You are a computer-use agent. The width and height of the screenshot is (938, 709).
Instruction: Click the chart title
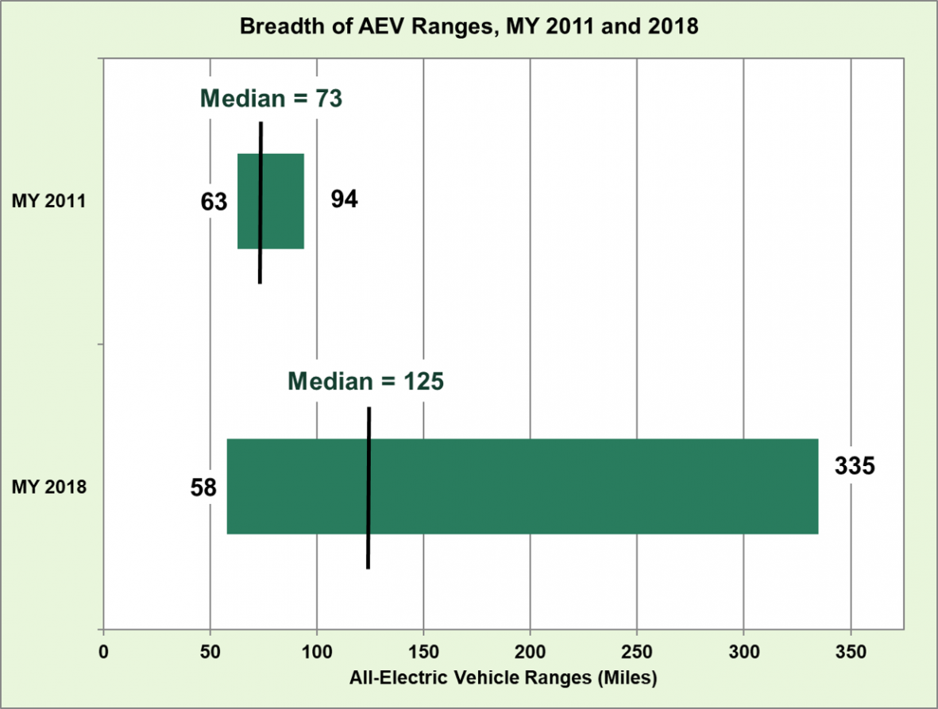(469, 26)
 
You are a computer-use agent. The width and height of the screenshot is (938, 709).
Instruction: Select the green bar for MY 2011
(283, 201)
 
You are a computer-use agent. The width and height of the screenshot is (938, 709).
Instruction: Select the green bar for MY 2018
(556, 486)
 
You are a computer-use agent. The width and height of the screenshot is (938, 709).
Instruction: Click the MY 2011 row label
(48, 202)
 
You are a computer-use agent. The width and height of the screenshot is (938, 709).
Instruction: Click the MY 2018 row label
(48, 487)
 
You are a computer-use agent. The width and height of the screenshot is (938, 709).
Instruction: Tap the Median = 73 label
(270, 99)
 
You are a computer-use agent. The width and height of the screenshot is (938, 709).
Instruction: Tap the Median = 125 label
(365, 381)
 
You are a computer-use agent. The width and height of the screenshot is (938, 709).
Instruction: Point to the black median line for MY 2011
(261, 262)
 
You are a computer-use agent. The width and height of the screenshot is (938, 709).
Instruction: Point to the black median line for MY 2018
(369, 548)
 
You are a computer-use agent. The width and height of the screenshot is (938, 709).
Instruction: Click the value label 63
(214, 202)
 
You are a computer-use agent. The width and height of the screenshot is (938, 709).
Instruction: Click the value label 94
(345, 200)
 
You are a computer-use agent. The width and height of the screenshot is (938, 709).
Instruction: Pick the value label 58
(203, 487)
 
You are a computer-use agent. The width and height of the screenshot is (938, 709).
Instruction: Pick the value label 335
(854, 466)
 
